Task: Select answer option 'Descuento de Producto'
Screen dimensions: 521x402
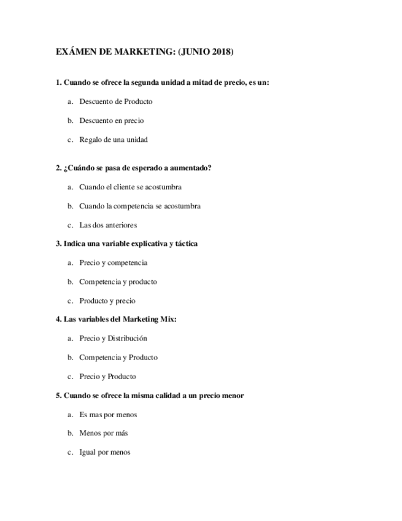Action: [115, 101]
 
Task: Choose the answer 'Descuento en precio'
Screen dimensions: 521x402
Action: [111, 120]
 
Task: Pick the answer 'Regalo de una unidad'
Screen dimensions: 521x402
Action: [113, 139]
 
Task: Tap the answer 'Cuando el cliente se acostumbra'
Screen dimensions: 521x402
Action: [130, 187]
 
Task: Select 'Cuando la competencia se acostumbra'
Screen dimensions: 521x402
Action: [139, 206]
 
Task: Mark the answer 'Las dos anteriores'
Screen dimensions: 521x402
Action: [107, 225]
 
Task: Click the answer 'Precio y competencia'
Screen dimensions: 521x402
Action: [113, 263]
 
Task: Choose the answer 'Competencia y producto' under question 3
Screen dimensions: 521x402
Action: [118, 282]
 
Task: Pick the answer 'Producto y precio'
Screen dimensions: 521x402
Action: [107, 301]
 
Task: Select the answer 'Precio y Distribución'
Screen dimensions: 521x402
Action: [113, 339]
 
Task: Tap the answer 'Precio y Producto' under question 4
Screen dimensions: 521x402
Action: [107, 377]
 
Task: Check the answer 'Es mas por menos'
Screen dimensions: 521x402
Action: [108, 415]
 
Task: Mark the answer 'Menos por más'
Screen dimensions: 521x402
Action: [103, 433]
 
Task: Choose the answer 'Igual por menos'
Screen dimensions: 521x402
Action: [104, 453]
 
